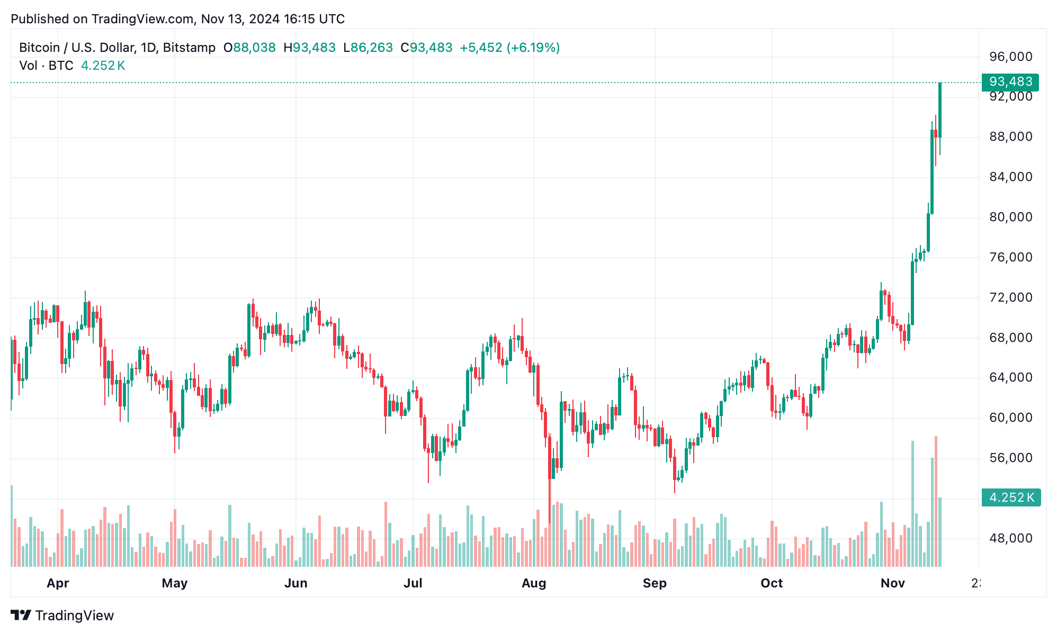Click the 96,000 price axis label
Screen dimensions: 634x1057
[1010, 57]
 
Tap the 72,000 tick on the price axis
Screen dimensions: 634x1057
[1010, 297]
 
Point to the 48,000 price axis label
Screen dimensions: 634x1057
[1010, 538]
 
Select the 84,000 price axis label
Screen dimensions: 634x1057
[1010, 177]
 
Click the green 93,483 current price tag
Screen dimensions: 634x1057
[1010, 82]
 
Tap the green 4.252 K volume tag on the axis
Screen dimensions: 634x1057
[1010, 497]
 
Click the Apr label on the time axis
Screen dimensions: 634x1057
[58, 583]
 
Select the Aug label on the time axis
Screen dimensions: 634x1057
[533, 583]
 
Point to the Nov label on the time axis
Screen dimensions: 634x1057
[892, 583]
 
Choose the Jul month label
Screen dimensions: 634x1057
[413, 583]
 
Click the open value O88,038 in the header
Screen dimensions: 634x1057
[249, 48]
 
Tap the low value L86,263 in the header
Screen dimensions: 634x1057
[368, 48]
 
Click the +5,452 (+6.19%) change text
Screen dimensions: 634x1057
[509, 48]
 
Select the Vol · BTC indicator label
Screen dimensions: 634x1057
[46, 66]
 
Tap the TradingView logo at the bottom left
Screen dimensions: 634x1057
[62, 615]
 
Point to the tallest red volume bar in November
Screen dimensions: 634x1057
[936, 503]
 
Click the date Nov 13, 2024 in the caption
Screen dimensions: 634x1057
[240, 19]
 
